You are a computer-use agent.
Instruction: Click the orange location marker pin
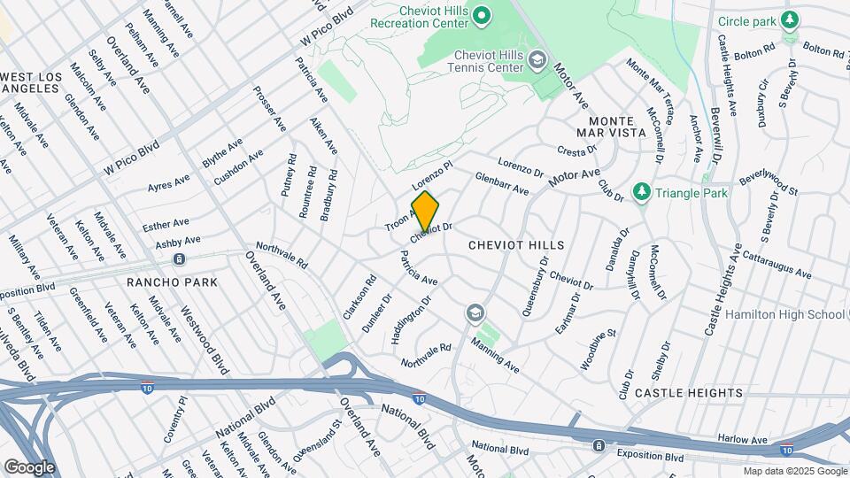pyautogui.click(x=425, y=212)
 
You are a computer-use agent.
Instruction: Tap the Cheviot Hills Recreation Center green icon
pyautogui.click(x=482, y=15)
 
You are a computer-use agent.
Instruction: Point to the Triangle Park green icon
pyautogui.click(x=641, y=192)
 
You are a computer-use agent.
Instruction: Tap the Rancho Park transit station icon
pyautogui.click(x=179, y=259)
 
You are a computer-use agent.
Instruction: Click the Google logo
pyautogui.click(x=28, y=466)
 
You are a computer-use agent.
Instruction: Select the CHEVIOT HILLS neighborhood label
pyautogui.click(x=516, y=244)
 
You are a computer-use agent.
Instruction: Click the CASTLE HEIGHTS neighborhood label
pyautogui.click(x=688, y=392)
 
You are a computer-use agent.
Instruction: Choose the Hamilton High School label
pyautogui.click(x=784, y=314)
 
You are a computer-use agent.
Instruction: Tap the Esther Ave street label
pyautogui.click(x=166, y=222)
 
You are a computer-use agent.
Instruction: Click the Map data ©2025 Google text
pyautogui.click(x=794, y=471)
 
